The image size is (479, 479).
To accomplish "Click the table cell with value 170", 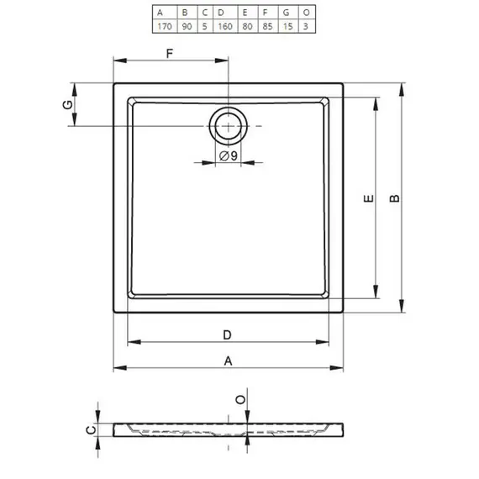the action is click(x=165, y=26).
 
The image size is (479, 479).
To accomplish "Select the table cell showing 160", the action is click(x=225, y=26).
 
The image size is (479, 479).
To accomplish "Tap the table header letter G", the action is click(x=287, y=13).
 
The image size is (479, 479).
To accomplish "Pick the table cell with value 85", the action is click(x=267, y=26).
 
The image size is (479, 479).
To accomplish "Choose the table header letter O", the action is click(x=307, y=13).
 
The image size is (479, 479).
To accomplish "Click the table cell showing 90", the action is click(x=187, y=26).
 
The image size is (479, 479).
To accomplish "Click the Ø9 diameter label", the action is click(x=229, y=155).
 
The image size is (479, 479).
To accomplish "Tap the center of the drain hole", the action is click(x=229, y=126).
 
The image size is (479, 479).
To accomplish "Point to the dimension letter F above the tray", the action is click(x=170, y=54).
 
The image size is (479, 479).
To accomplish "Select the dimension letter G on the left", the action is click(x=67, y=105).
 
